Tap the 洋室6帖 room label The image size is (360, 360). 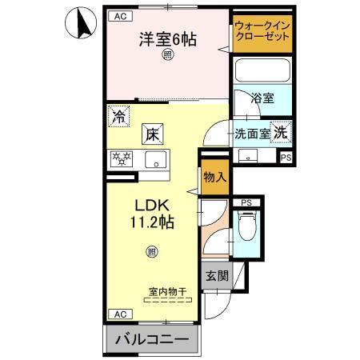coord(168,38)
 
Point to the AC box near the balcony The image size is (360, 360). coord(118,314)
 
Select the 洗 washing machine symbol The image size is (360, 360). coord(282,133)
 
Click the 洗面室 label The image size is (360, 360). coord(250,134)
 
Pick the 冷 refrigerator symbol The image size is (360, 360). coord(118,115)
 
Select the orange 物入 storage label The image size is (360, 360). coord(213,173)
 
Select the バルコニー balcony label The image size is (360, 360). coord(152,340)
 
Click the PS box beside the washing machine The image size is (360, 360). coord(286,157)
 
